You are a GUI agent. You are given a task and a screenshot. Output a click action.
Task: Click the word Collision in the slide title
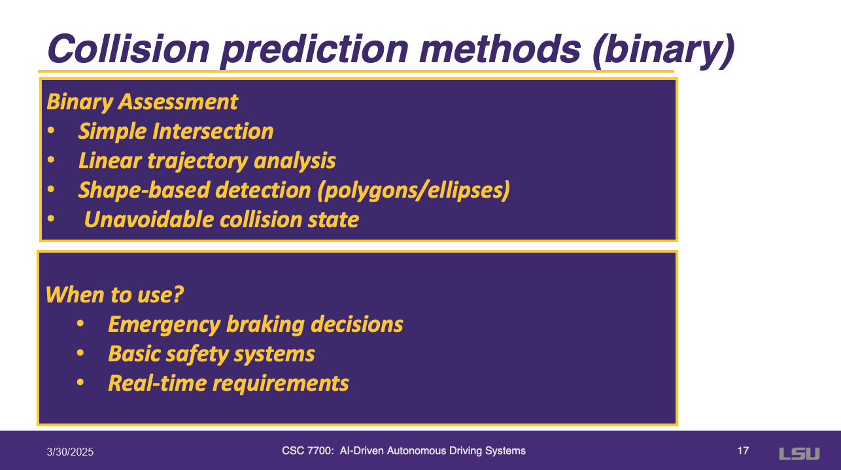(x=128, y=49)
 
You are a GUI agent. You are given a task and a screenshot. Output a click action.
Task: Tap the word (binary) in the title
(x=663, y=50)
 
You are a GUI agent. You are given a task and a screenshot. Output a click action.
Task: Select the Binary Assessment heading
(x=143, y=102)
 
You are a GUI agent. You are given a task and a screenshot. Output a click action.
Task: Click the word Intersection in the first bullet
(x=213, y=131)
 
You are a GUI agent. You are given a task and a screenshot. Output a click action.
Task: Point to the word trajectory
(x=197, y=161)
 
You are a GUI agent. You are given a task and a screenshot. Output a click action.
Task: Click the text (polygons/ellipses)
(x=414, y=190)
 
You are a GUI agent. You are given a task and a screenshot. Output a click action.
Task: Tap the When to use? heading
(x=114, y=295)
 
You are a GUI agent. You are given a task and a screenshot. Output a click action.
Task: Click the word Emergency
(x=164, y=325)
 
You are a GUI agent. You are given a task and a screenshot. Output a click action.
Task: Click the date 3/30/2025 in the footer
(x=70, y=452)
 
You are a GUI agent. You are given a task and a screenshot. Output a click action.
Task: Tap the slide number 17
(x=743, y=451)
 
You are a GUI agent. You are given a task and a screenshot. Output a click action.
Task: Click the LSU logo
(x=799, y=454)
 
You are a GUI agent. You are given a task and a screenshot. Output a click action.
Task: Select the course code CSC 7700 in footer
(x=307, y=451)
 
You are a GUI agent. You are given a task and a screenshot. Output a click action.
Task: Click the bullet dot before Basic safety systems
(x=80, y=353)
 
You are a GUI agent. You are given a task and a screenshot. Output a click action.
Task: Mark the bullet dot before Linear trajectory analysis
(x=51, y=160)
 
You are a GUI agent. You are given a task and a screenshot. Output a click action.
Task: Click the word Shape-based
(x=144, y=190)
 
